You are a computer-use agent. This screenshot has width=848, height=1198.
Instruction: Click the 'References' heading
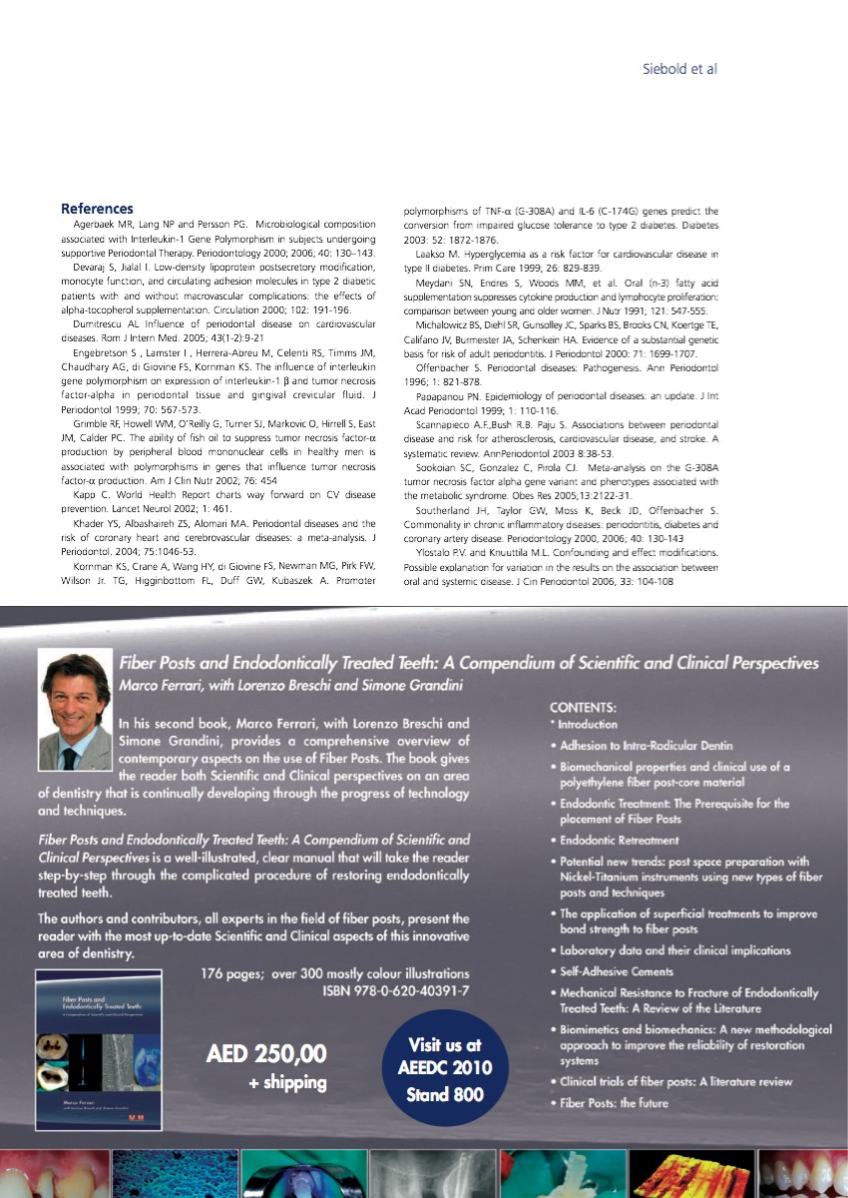coord(97,209)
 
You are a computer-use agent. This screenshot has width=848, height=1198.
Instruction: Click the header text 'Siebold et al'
coord(678,69)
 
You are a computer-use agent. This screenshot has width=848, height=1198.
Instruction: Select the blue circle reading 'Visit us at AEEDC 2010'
coord(445,1069)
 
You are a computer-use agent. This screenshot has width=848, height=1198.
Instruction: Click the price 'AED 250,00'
coord(266,1054)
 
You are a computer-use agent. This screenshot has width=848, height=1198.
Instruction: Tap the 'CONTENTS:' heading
coord(584,706)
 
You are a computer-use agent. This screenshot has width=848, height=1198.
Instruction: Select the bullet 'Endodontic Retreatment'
coord(620,841)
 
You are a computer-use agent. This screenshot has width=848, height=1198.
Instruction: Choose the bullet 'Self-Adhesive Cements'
coord(617,971)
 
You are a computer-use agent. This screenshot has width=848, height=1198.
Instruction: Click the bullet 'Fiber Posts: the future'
coord(614,1103)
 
